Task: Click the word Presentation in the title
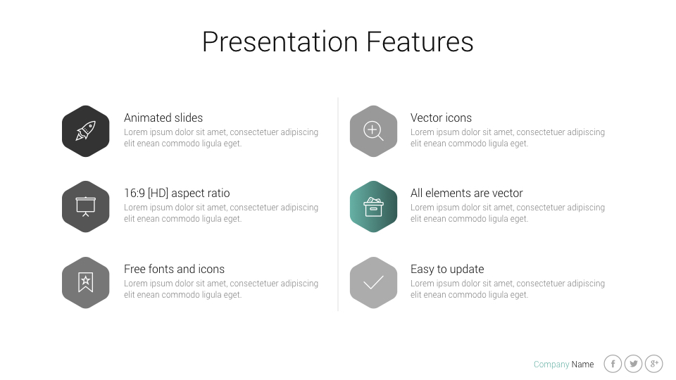point(280,42)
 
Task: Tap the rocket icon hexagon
point(85,131)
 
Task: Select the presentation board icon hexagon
point(85,207)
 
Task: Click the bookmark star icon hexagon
point(85,283)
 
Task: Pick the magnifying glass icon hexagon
point(373,131)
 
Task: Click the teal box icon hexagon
point(373,207)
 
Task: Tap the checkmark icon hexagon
point(373,283)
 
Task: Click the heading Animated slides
point(163,118)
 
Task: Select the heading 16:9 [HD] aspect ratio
point(177,194)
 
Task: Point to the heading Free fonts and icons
point(174,270)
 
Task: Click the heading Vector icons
point(441,118)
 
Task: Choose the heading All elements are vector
point(466,194)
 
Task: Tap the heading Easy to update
point(447,270)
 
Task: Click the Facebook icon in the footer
point(613,364)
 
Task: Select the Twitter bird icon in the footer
point(634,364)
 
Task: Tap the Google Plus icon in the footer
point(654,364)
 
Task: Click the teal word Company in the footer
point(551,365)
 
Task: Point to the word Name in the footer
point(582,365)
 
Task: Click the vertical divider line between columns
point(338,204)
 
